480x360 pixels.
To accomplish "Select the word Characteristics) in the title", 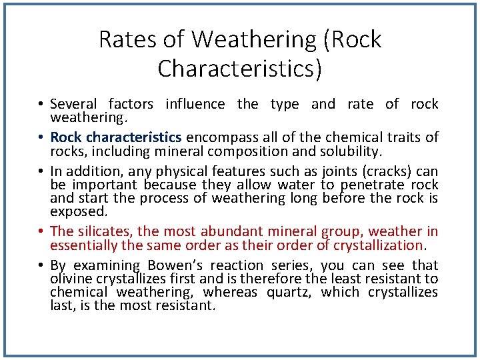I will pos(240,69).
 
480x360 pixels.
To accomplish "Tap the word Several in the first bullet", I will pos(73,104).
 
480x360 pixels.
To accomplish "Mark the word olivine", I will pos(70,279).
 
